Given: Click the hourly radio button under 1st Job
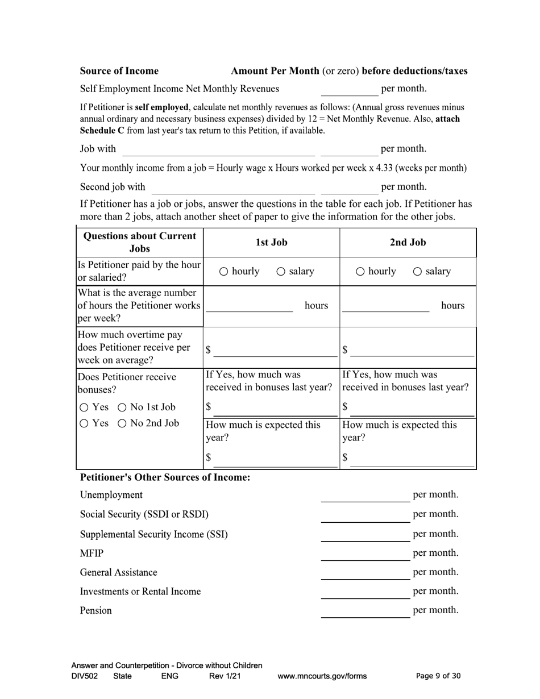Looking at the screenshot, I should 224,272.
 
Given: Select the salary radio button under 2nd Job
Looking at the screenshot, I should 418,272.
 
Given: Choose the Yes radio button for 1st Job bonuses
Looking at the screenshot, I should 84,407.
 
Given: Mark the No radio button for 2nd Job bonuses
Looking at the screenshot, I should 122,423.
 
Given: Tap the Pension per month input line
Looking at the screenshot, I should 365,612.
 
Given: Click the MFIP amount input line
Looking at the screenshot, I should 365,555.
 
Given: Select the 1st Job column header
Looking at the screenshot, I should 271,243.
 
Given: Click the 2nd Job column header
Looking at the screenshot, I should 408,243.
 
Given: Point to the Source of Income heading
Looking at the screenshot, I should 119,71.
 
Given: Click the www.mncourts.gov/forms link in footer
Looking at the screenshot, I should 322,676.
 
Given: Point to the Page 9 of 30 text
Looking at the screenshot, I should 438,676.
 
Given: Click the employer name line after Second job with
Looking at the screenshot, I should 233,188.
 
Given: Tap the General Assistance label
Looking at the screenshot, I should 118,572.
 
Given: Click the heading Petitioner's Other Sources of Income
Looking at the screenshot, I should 165,477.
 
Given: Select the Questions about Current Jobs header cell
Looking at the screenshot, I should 140,243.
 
